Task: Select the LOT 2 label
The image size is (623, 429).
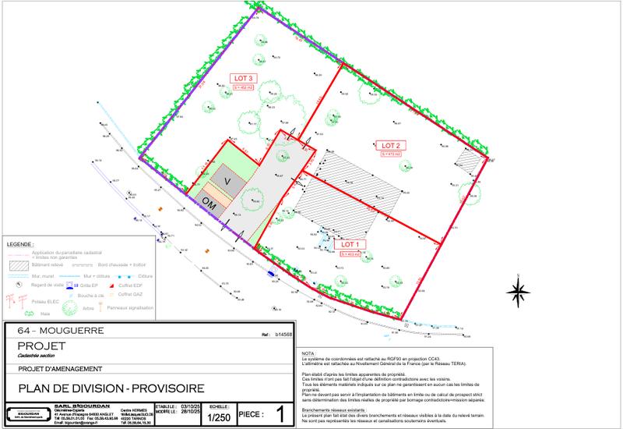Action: [390, 145]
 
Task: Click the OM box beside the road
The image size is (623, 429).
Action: [209, 202]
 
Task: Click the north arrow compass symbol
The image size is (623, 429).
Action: [518, 292]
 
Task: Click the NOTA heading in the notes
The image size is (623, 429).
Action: [308, 353]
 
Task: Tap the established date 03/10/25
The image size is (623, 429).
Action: [190, 406]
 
